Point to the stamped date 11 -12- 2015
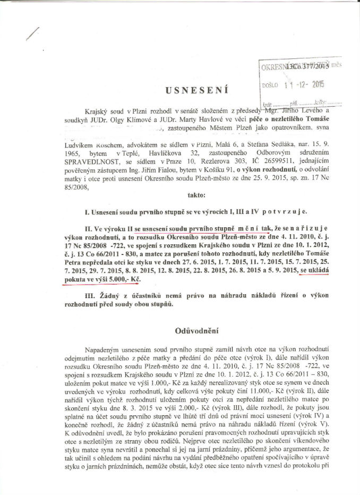(304, 83)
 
